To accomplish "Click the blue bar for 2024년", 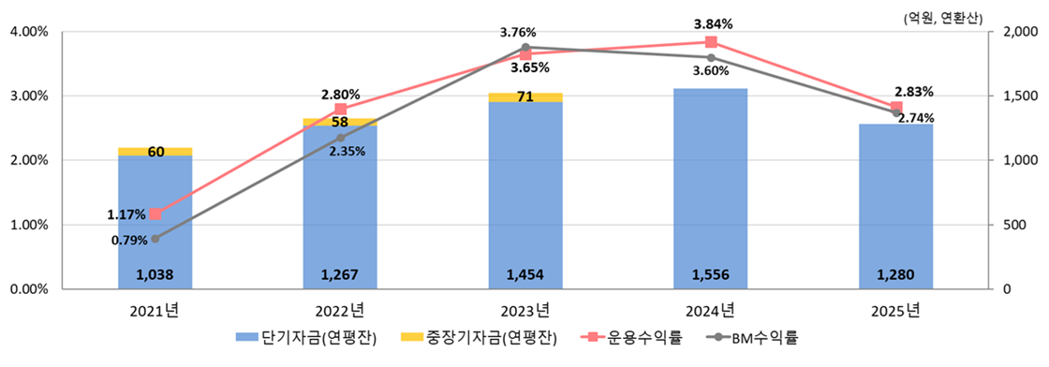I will click(711, 187).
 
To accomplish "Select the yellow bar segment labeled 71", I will click(525, 97).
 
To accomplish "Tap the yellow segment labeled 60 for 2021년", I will click(155, 152).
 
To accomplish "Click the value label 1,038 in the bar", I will click(155, 275).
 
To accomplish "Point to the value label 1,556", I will click(711, 275).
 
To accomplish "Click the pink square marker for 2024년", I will click(711, 42).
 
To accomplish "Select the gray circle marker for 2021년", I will click(155, 239).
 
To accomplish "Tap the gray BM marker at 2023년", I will click(525, 47).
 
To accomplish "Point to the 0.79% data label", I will click(128, 241).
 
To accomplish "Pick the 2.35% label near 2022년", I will click(347, 152).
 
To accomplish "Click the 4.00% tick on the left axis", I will click(28, 32).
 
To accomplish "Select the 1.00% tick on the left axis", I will click(28, 225).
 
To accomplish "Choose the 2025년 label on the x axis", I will click(896, 310).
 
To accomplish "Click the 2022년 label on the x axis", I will click(340, 310).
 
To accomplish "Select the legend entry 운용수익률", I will click(625, 339).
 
